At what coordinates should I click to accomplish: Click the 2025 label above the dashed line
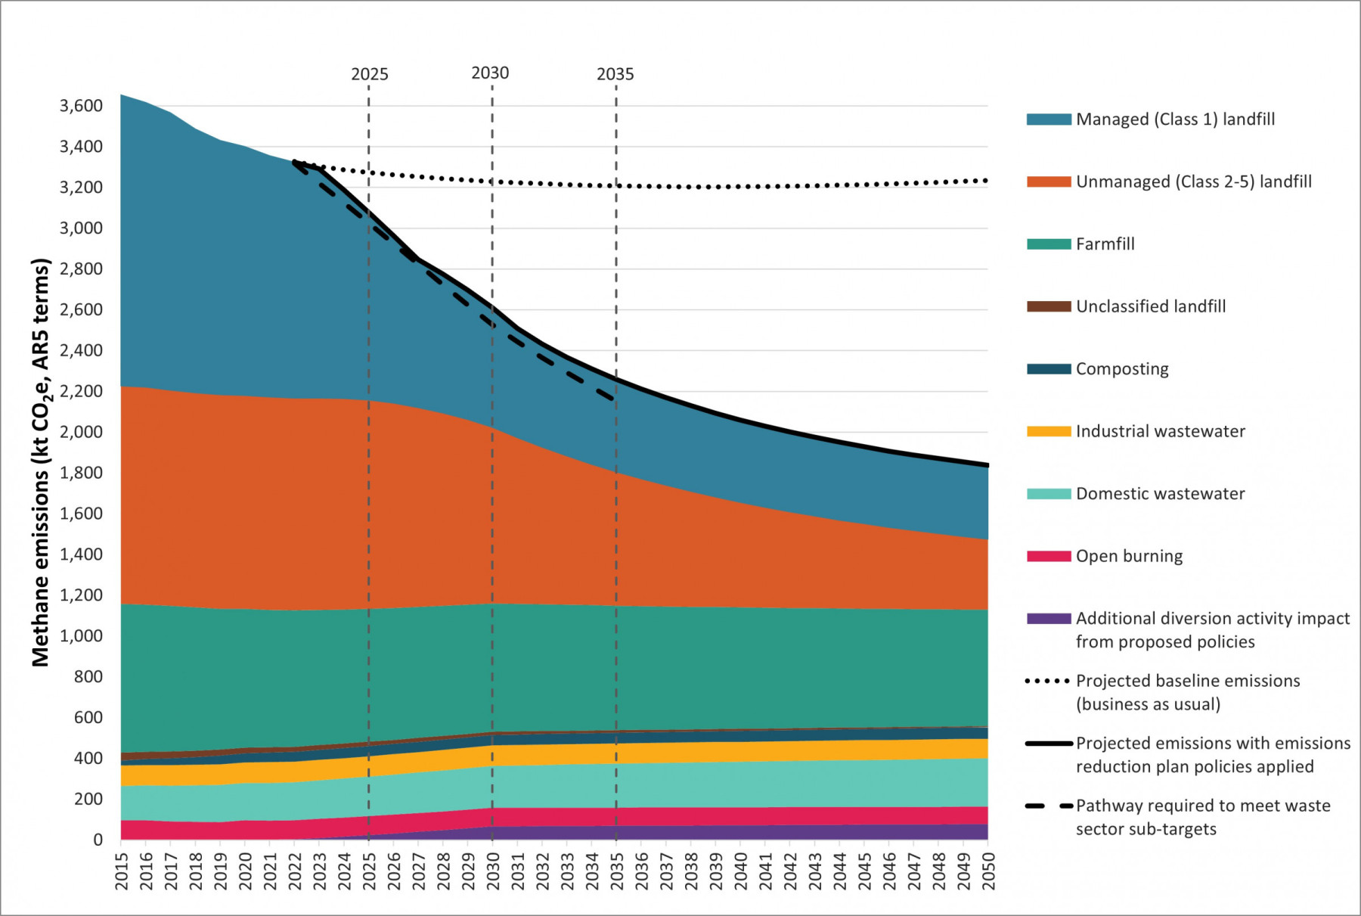point(369,74)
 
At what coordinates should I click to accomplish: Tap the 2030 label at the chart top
point(490,73)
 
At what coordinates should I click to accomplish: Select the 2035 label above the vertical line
point(615,74)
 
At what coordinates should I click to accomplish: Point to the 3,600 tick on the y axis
point(81,106)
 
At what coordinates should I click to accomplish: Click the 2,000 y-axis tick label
point(81,432)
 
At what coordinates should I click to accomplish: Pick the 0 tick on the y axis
point(98,840)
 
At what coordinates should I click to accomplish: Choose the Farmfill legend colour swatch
point(1048,244)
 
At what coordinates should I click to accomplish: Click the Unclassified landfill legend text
point(1150,306)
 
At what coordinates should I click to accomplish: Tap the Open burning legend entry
point(1129,556)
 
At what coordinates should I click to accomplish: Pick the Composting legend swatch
point(1048,369)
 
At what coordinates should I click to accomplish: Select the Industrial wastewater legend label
point(1160,431)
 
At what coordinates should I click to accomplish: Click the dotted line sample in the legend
point(1048,681)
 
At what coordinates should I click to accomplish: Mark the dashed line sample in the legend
point(1048,806)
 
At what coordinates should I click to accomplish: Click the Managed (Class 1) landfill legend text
point(1175,120)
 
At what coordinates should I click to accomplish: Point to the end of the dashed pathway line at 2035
point(614,399)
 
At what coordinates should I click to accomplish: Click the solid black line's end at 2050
point(987,465)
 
